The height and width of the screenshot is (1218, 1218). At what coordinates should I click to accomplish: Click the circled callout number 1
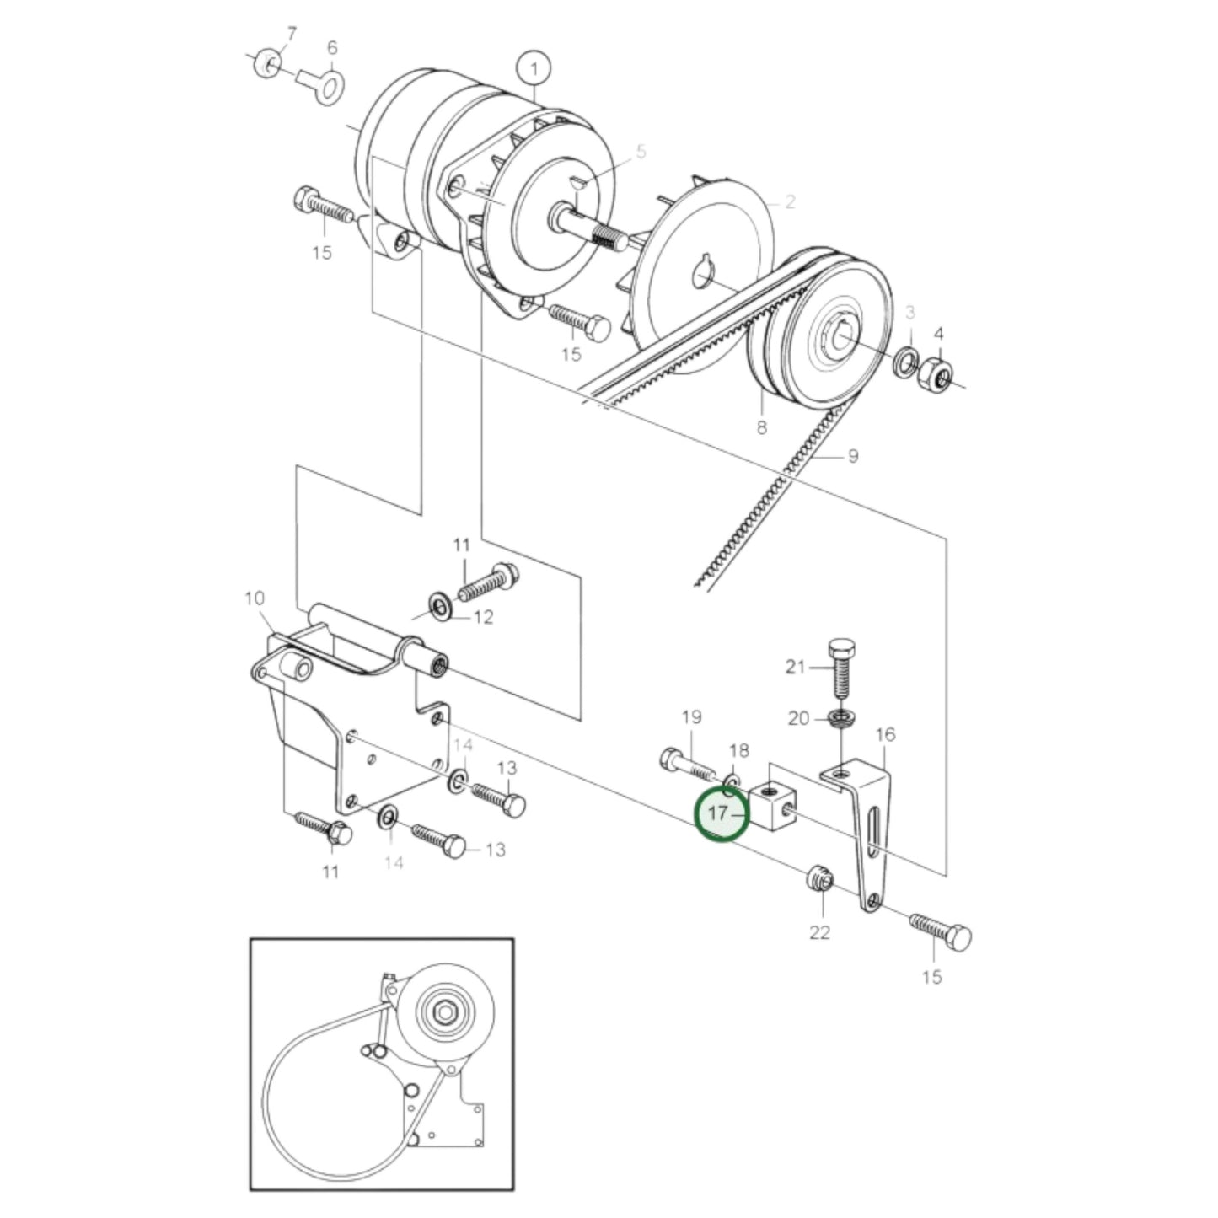[x=534, y=67]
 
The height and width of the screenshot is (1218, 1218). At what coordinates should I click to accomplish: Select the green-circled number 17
[x=721, y=815]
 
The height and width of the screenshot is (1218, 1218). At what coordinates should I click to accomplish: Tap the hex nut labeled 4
[x=936, y=372]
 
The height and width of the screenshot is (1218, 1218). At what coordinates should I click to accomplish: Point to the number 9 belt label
[x=852, y=456]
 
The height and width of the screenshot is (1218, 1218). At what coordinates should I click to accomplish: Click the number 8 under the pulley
[x=762, y=427]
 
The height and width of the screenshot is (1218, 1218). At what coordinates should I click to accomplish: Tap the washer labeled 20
[x=840, y=719]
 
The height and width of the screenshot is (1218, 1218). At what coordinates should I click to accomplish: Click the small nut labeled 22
[x=819, y=880]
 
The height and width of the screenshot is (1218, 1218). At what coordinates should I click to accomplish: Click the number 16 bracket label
[x=885, y=735]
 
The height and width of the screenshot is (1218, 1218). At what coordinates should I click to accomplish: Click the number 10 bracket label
[x=255, y=598]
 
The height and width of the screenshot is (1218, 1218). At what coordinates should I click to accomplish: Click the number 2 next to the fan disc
[x=790, y=202]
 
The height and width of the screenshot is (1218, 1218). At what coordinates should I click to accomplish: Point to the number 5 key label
[x=641, y=152]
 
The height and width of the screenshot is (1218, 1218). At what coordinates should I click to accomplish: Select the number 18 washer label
[x=738, y=751]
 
